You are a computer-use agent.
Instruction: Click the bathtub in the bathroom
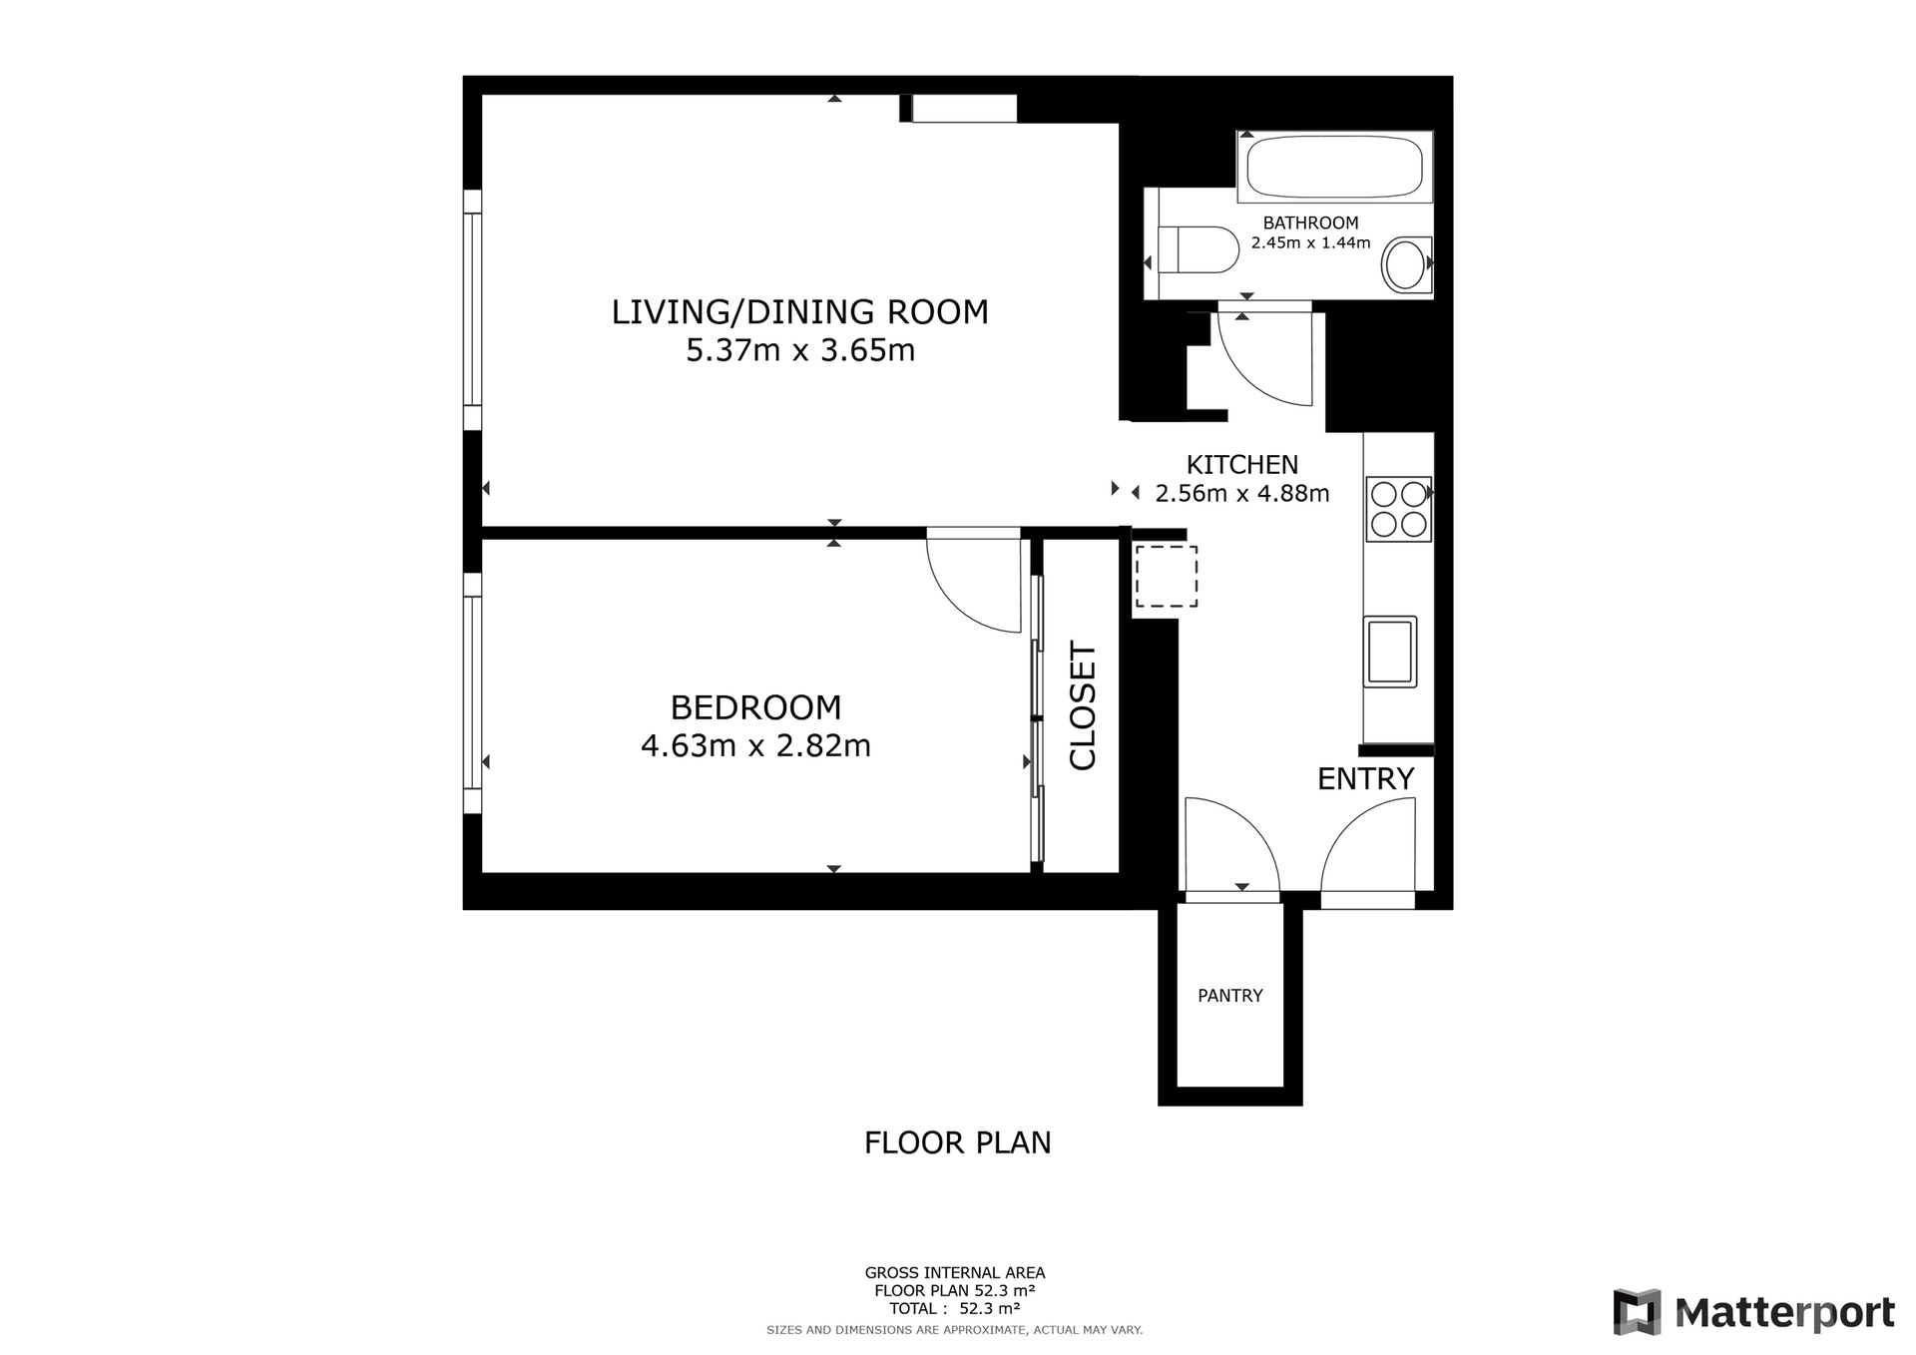pyautogui.click(x=1334, y=167)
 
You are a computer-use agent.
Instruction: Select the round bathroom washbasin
pyautogui.click(x=1406, y=264)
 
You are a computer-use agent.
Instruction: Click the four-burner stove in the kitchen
pyautogui.click(x=1398, y=509)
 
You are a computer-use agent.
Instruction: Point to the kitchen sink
pyautogui.click(x=1390, y=651)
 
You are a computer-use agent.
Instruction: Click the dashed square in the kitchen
pyautogui.click(x=1167, y=576)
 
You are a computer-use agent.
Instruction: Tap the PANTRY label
pyautogui.click(x=1230, y=996)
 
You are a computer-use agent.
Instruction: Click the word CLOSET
pyautogui.click(x=1083, y=706)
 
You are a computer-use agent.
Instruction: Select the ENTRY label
pyautogui.click(x=1365, y=778)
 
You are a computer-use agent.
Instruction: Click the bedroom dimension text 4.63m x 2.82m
pyautogui.click(x=755, y=745)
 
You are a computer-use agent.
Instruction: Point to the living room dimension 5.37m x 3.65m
pyautogui.click(x=800, y=351)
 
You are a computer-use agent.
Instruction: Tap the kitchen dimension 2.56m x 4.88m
pyautogui.click(x=1242, y=493)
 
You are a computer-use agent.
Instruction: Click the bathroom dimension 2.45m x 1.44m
pyautogui.click(x=1311, y=242)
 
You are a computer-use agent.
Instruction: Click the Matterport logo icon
pyautogui.click(x=1638, y=1311)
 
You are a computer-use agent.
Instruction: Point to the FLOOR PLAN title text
pyautogui.click(x=958, y=1142)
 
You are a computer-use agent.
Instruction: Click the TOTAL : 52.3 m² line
pyautogui.click(x=955, y=1308)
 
